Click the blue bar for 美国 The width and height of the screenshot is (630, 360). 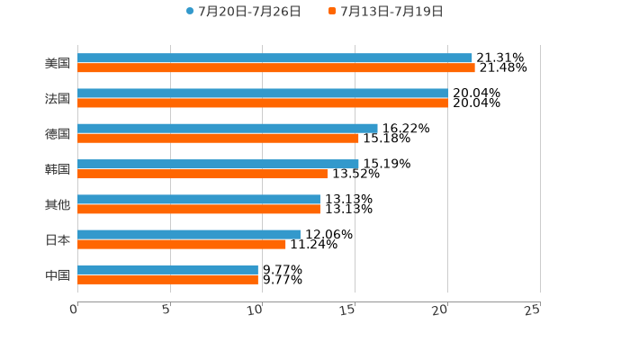[274, 58]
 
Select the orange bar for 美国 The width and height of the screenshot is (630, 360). [275, 67]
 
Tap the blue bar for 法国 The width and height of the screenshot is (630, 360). [263, 93]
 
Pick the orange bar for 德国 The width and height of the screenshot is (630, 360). [218, 138]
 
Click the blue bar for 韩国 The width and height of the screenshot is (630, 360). [218, 164]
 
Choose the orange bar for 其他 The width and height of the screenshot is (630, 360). [199, 209]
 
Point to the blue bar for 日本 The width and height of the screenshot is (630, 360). [189, 234]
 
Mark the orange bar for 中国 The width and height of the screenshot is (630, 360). [167, 279]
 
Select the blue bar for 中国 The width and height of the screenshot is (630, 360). [167, 269]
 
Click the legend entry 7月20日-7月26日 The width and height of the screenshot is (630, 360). [249, 12]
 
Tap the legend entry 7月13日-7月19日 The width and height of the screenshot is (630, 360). [391, 12]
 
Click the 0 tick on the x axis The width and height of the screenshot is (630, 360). [74, 310]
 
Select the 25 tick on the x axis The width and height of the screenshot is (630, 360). [534, 310]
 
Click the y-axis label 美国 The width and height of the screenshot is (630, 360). [58, 63]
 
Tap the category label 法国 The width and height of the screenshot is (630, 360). [58, 98]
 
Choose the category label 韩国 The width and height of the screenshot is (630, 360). [58, 169]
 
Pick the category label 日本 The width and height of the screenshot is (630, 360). [58, 239]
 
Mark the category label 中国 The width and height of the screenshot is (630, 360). [58, 274]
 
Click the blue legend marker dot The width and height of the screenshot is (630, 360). [190, 12]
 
